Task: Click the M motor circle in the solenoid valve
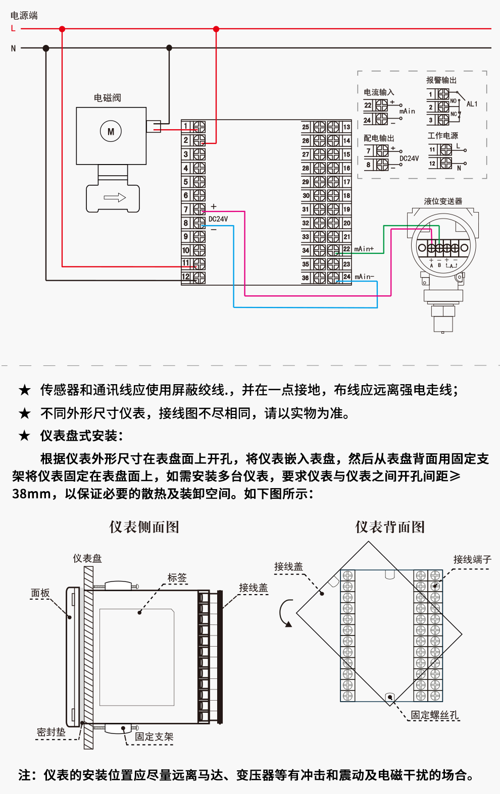pyautogui.click(x=111, y=132)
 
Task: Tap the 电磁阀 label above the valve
pyautogui.click(x=107, y=98)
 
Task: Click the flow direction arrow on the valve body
pyautogui.click(x=115, y=197)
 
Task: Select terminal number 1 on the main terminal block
pyautogui.click(x=186, y=126)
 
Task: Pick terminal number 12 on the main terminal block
pyautogui.click(x=186, y=277)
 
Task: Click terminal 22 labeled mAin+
pyautogui.click(x=346, y=249)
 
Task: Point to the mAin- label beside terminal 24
pyautogui.click(x=364, y=277)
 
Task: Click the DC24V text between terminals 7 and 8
pyautogui.click(x=218, y=219)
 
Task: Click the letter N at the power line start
pyautogui.click(x=13, y=48)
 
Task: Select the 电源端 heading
pyautogui.click(x=24, y=16)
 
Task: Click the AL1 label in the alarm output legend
pyautogui.click(x=472, y=104)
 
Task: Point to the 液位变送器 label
pyautogui.click(x=443, y=201)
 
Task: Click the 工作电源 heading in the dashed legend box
pyautogui.click(x=442, y=136)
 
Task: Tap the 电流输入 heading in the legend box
pyautogui.click(x=379, y=92)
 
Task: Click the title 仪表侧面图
pyautogui.click(x=144, y=527)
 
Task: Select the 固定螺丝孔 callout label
pyautogui.click(x=434, y=715)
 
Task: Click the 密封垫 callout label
pyautogui.click(x=51, y=732)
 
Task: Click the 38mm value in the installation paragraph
pyautogui.click(x=31, y=494)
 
